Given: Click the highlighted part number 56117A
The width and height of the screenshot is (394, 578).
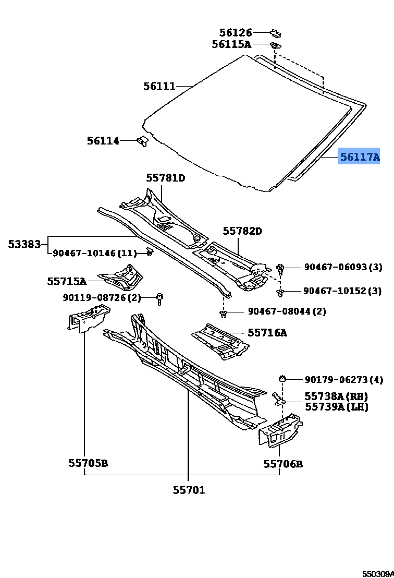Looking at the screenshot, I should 359,156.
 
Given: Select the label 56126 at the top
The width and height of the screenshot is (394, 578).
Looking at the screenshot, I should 235,33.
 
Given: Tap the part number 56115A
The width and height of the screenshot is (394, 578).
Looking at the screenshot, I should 231,44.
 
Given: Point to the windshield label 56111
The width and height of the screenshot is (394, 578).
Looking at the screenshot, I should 159,86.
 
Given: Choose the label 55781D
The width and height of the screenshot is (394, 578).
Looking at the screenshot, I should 165,178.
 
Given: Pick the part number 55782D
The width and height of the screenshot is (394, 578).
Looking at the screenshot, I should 242,231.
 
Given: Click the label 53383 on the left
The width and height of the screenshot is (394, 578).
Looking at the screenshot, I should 24,244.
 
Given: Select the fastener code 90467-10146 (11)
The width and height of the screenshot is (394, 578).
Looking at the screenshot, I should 94,254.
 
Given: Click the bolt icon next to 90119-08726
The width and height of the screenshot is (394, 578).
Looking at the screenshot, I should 159,299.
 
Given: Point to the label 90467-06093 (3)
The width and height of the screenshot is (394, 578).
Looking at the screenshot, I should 343,267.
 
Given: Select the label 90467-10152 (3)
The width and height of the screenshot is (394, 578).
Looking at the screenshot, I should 342,291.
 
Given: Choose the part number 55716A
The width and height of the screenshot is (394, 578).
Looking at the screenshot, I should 267,332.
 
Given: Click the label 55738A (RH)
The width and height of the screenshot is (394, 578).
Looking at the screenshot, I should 336,396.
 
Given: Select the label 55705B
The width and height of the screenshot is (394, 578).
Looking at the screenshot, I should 88,463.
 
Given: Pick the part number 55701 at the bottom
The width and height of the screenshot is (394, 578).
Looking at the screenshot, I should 189,490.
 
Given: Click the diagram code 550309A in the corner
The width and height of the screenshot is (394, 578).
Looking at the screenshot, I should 378,573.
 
